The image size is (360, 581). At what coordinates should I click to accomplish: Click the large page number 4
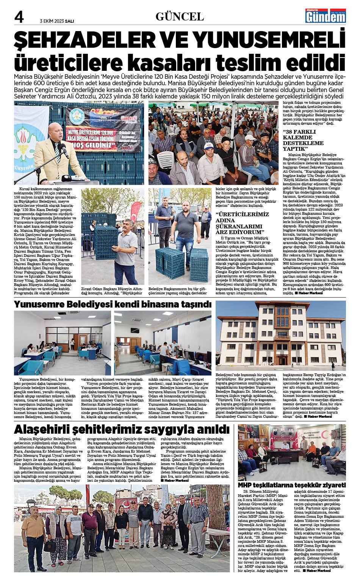coord(19,17)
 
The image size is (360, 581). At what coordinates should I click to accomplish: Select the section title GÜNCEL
coord(180,17)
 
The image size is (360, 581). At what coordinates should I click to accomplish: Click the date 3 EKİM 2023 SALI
coord(57,21)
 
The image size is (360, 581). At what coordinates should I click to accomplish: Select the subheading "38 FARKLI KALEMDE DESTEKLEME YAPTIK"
coord(303,140)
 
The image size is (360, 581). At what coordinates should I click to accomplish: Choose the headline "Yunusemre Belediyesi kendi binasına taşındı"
coord(113,305)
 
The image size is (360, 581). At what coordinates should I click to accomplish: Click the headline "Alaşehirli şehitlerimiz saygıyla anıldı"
coord(122,430)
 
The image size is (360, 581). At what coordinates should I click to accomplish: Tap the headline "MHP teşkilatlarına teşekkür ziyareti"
coord(292,485)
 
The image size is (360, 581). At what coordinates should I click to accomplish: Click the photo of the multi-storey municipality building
coord(280,335)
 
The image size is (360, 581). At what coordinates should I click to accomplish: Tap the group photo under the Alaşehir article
coord(122,528)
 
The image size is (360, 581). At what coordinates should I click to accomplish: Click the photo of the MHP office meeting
coord(292,453)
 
